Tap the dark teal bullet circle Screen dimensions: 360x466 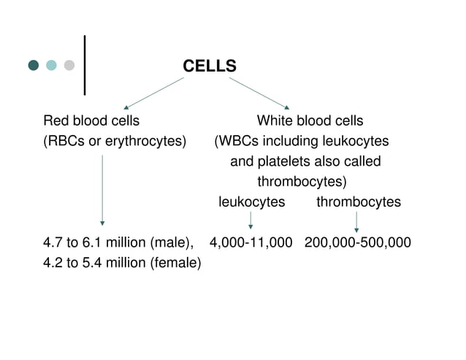coord(34,66)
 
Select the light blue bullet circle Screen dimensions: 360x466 coord(51,66)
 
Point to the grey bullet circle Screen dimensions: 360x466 coord(69,66)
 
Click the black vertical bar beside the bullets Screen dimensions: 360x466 coord(87,65)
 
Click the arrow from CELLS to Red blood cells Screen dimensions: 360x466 coord(153,93)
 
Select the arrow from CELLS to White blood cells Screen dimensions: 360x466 coord(260,93)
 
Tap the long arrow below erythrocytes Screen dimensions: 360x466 coord(102,190)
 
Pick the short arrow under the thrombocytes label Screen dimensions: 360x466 coord(356,222)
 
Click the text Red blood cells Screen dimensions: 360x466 coord(91,120)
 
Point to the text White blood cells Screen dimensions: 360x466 coord(310,120)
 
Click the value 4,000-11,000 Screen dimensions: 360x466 coord(251,242)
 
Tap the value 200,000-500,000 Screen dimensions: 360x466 coord(358,242)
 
